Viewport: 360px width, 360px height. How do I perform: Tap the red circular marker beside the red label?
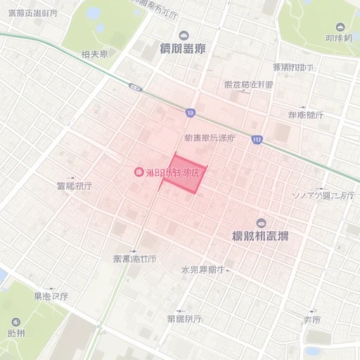(139, 172)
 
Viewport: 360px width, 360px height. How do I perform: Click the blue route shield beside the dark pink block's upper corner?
(191, 112)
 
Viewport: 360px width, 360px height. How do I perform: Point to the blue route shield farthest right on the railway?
(257, 140)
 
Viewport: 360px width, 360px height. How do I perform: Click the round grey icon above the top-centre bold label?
(184, 35)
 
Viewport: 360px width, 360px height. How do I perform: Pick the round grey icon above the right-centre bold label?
(262, 222)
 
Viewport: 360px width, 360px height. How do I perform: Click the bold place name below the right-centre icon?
(260, 236)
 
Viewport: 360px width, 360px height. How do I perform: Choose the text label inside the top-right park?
(340, 37)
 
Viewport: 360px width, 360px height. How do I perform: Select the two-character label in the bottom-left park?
(15, 333)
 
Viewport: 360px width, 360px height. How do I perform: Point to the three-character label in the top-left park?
(94, 53)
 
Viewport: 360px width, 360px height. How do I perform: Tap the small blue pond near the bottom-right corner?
(312, 349)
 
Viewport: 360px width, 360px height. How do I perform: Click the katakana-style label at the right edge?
(323, 195)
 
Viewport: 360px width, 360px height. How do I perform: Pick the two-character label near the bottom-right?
(312, 319)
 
